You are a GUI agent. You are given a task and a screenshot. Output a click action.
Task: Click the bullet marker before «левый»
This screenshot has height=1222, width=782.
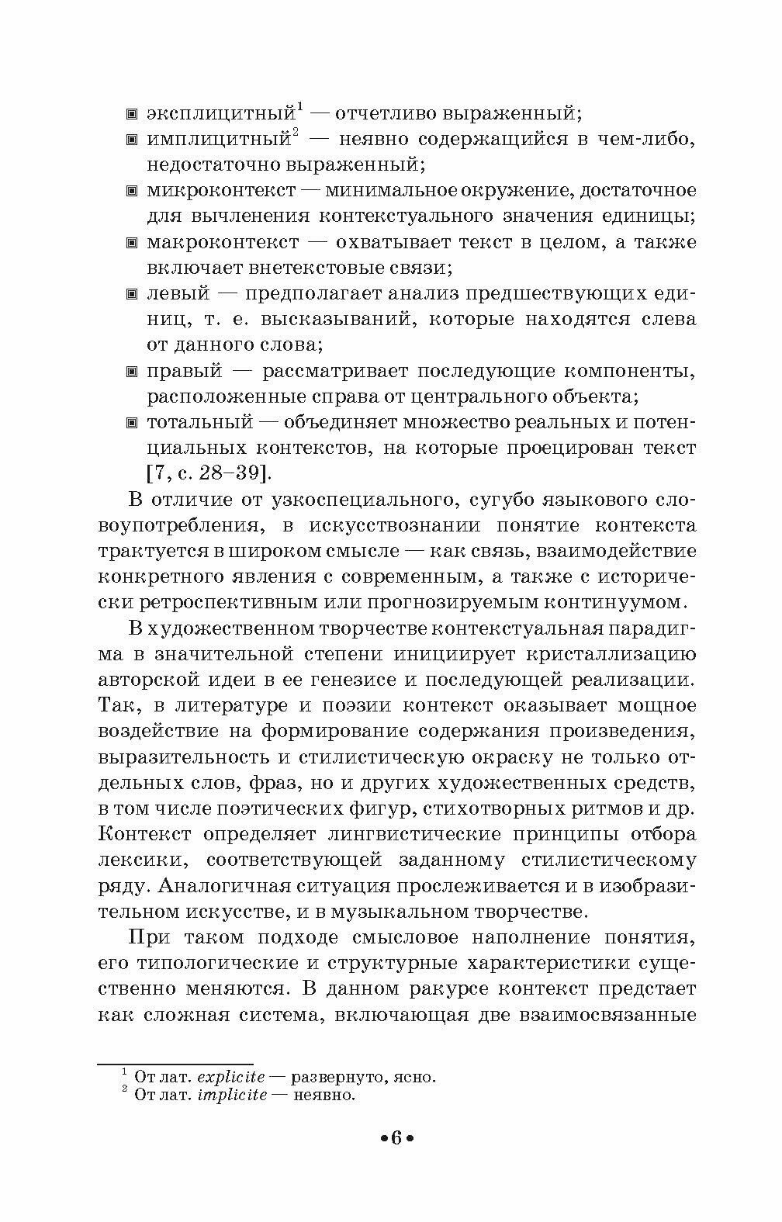click(131, 294)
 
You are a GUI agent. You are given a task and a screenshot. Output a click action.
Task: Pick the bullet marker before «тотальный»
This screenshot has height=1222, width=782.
click(131, 423)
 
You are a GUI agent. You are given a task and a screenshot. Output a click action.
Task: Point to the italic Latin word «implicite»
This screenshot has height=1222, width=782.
click(232, 1096)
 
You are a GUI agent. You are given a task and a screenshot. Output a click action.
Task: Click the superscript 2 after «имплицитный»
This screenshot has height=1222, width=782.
click(296, 133)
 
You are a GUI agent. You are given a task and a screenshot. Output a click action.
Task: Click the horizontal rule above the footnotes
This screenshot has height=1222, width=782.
click(175, 1064)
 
